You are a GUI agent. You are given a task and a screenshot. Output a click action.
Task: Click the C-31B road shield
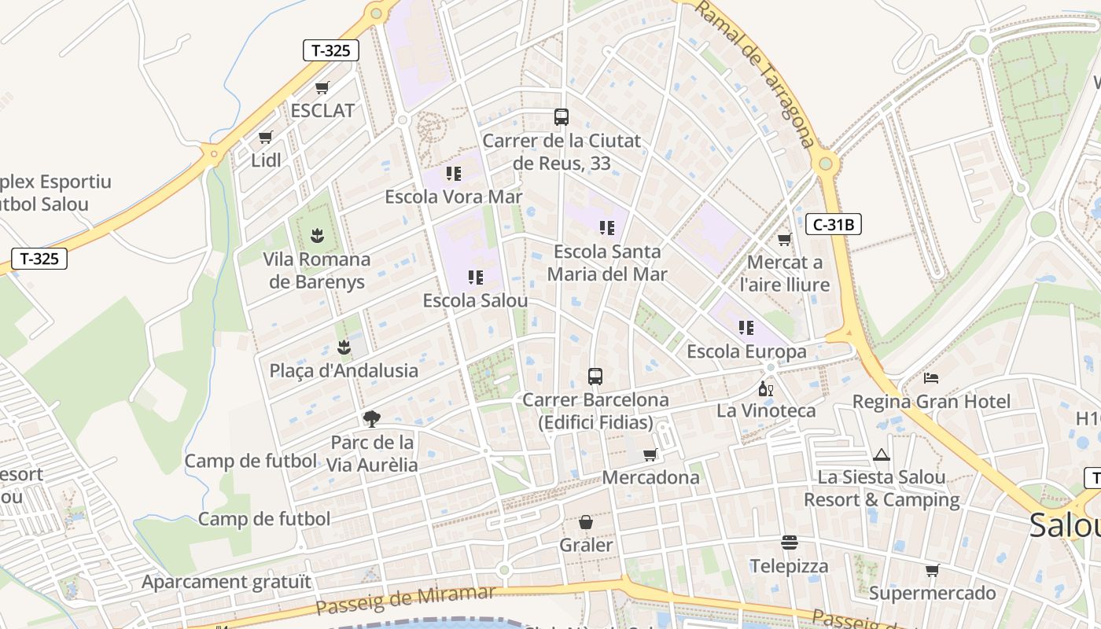click(x=834, y=225)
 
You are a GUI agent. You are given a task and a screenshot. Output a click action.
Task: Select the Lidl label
click(x=266, y=160)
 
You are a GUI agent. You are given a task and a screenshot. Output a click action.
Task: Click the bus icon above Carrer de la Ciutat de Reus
click(x=561, y=117)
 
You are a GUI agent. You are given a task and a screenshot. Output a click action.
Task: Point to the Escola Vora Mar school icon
click(x=453, y=173)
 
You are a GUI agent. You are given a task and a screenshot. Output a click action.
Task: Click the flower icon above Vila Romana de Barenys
click(x=317, y=234)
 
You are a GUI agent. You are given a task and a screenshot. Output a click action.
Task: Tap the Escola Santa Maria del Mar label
click(x=607, y=263)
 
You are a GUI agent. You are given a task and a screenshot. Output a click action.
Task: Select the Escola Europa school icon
click(x=746, y=327)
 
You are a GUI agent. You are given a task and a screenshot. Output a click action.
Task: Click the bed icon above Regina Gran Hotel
click(x=931, y=378)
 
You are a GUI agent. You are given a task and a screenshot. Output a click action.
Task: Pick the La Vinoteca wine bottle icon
click(x=765, y=388)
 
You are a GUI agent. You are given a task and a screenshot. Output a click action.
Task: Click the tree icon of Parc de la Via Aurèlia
click(x=372, y=418)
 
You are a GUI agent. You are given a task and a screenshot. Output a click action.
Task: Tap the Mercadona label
click(x=650, y=477)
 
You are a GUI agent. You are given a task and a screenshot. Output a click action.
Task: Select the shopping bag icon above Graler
click(x=586, y=522)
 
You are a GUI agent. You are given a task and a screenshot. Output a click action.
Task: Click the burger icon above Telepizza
click(x=789, y=543)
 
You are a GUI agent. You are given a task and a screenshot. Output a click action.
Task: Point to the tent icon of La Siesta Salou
click(x=881, y=454)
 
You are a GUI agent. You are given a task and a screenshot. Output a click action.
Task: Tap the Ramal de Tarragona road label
click(x=756, y=75)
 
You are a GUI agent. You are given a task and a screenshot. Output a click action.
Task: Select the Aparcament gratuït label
click(x=226, y=582)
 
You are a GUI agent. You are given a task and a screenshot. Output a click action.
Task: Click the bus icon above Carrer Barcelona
click(x=595, y=377)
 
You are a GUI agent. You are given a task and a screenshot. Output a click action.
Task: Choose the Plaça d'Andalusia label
click(x=344, y=370)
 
